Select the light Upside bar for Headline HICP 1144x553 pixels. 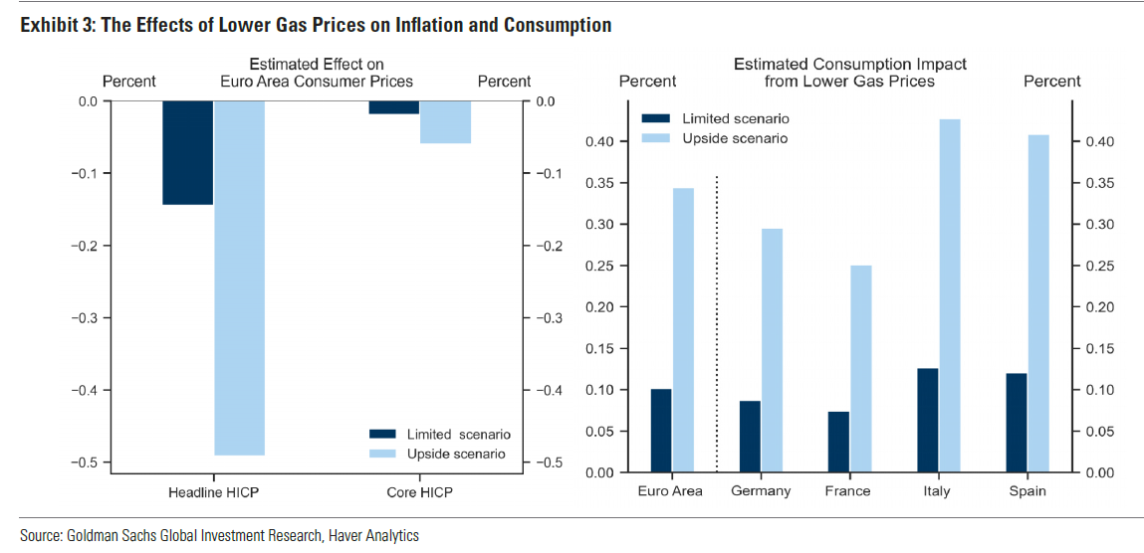pyautogui.click(x=240, y=277)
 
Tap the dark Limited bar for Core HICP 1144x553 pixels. pyautogui.click(x=394, y=107)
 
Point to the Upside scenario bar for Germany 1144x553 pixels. pyautogui.click(x=772, y=350)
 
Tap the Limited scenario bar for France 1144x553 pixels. pyautogui.click(x=838, y=442)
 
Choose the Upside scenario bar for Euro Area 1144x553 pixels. pyautogui.click(x=683, y=329)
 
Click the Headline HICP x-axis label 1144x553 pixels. pyautogui.click(x=214, y=491)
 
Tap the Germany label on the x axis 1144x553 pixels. pyautogui.click(x=761, y=491)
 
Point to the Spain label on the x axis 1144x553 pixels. pyautogui.click(x=1027, y=491)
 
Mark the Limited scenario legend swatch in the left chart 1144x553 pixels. pyautogui.click(x=383, y=435)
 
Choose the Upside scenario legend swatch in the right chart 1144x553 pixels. pyautogui.click(x=656, y=138)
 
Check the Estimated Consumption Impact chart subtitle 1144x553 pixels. pyautogui.click(x=849, y=72)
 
